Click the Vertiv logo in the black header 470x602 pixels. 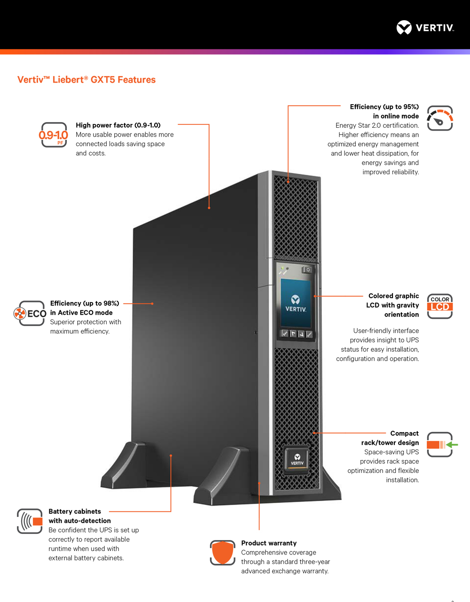pyautogui.click(x=425, y=27)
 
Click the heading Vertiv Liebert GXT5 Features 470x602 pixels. pyautogui.click(x=86, y=80)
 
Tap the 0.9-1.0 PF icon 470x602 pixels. pyautogui.click(x=54, y=135)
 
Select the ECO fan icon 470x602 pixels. pyautogui.click(x=30, y=313)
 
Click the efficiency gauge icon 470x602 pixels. pyautogui.click(x=440, y=118)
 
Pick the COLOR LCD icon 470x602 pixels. pyautogui.click(x=440, y=306)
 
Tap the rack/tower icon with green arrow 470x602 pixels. pyautogui.click(x=442, y=444)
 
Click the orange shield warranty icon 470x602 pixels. pyautogui.click(x=222, y=552)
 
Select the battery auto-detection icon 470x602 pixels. pyautogui.click(x=30, y=521)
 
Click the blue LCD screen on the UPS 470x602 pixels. pyautogui.click(x=296, y=303)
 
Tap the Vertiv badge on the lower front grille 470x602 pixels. pyautogui.click(x=297, y=460)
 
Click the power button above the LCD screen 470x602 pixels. pyautogui.click(x=307, y=270)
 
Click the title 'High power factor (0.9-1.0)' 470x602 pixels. pyautogui.click(x=118, y=125)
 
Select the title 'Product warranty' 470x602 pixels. pyautogui.click(x=269, y=543)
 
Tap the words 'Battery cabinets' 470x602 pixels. pyautogui.click(x=75, y=511)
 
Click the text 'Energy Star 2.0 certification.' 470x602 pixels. pyautogui.click(x=377, y=125)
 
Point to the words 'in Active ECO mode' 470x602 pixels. pyautogui.click(x=81, y=313)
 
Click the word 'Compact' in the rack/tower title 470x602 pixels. pyautogui.click(x=404, y=433)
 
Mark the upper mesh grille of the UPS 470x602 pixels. pyautogui.click(x=296, y=218)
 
